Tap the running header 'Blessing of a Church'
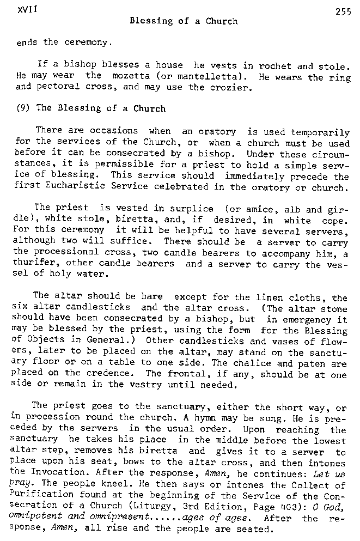184,21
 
